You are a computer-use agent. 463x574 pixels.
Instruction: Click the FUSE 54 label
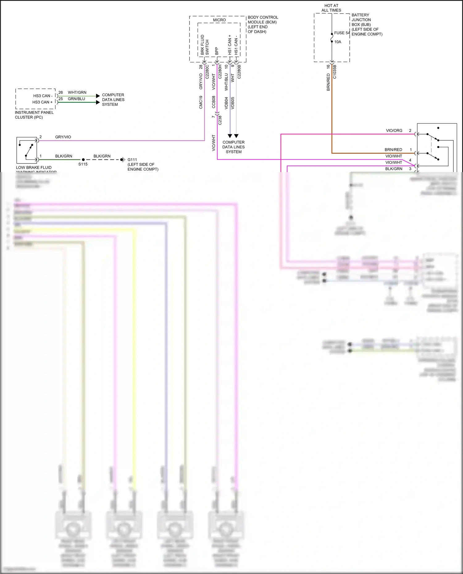342,33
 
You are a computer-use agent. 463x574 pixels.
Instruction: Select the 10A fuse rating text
338,42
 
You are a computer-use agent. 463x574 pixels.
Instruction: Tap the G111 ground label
132,160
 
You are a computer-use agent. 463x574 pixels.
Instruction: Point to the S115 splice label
83,164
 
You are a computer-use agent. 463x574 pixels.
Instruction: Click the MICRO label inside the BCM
219,20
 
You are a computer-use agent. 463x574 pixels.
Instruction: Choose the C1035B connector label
335,72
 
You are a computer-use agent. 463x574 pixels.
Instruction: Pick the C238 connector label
220,120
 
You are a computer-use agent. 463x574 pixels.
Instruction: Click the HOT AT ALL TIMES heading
331,8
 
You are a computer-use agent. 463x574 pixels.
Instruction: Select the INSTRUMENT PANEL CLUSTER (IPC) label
34,115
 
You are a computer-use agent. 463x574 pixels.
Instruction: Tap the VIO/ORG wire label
394,130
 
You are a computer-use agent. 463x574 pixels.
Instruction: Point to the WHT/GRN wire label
77,93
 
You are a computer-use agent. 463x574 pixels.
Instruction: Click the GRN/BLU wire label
76,99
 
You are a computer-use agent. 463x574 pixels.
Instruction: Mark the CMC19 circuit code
201,102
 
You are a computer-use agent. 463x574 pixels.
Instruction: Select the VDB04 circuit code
226,103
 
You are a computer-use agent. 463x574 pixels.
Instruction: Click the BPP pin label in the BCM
217,51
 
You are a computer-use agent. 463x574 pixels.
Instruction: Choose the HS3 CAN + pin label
42,102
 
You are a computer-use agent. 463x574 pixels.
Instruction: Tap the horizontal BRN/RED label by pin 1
393,150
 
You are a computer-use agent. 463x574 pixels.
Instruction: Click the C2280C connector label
207,72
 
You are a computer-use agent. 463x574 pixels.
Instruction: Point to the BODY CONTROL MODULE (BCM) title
263,24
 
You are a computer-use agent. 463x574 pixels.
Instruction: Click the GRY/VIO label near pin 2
63,137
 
